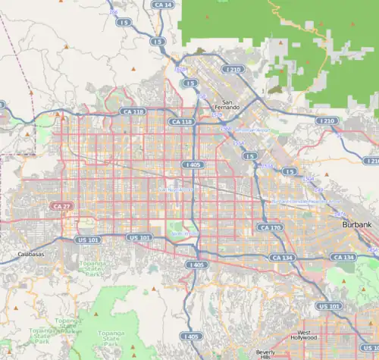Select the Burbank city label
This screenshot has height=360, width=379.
click(356, 225)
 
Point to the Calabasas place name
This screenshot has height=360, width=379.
click(30, 254)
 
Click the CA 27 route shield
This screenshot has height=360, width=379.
click(61, 205)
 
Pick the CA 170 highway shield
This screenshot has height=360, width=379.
click(270, 227)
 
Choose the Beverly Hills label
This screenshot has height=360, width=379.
click(265, 354)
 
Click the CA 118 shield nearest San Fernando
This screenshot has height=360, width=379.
click(182, 121)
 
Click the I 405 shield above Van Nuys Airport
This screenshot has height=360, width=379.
click(192, 164)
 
